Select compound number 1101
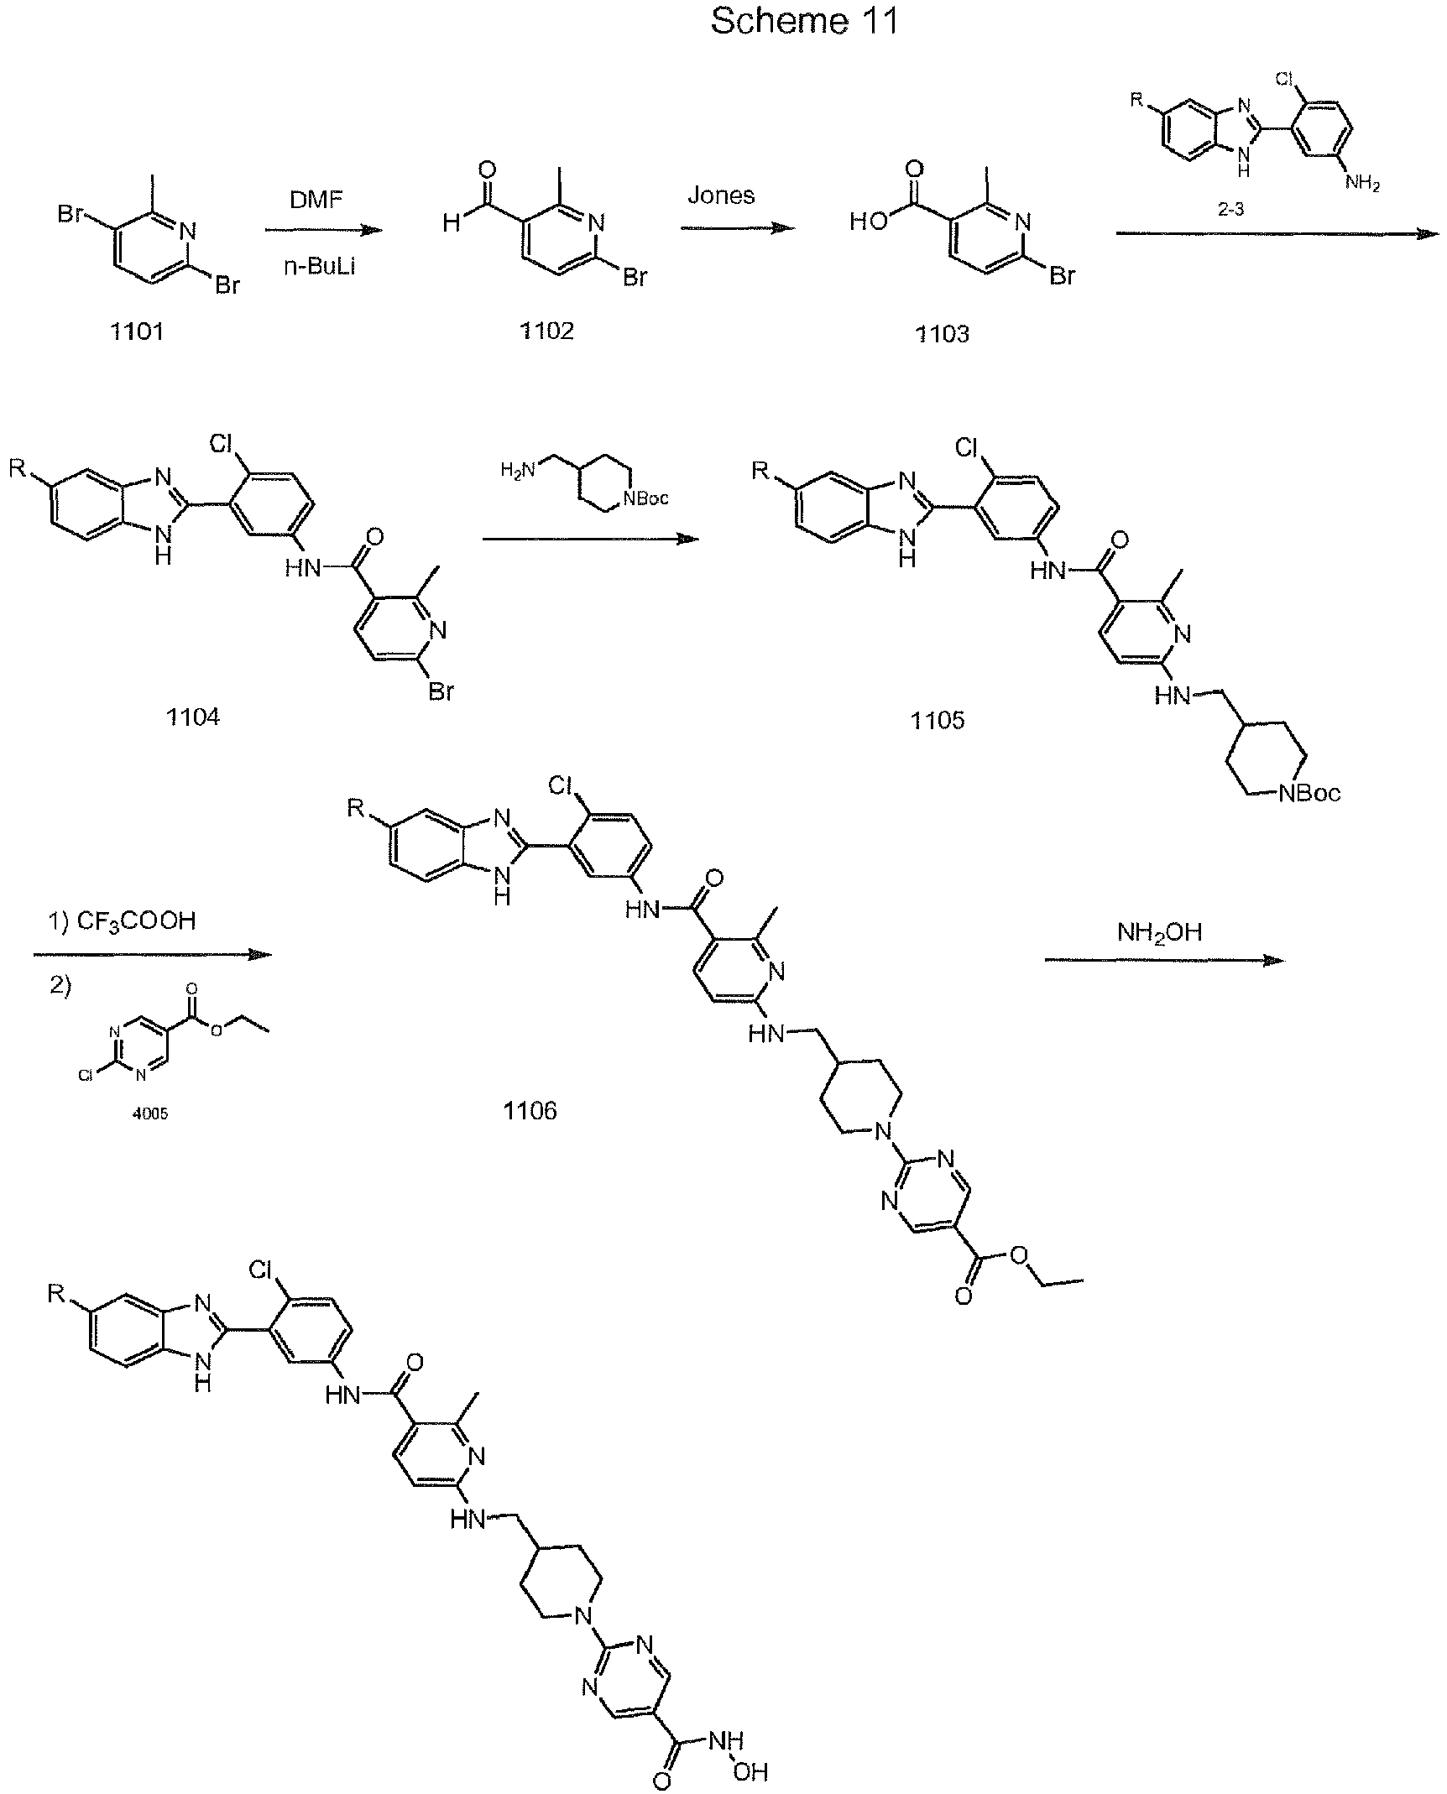[x=137, y=331]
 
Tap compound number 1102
[x=546, y=331]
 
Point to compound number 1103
[x=942, y=334]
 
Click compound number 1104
[x=193, y=717]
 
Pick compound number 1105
[x=938, y=720]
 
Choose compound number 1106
[x=530, y=1111]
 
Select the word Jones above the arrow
[x=722, y=196]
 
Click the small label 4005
[x=150, y=1113]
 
